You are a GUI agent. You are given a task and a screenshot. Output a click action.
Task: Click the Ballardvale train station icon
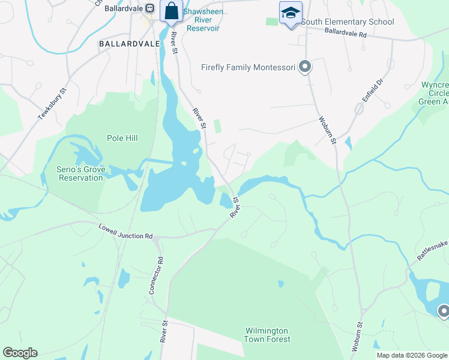150,9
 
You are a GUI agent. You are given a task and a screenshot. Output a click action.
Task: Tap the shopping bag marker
171,11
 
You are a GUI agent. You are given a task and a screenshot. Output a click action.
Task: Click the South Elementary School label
348,22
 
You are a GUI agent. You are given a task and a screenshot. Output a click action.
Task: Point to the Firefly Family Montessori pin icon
305,67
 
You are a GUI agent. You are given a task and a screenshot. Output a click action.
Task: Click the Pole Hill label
122,139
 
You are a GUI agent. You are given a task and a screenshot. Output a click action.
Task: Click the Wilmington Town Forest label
267,335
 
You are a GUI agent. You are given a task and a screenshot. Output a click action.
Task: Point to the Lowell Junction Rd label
125,232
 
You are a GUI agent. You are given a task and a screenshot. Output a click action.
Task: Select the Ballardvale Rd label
345,34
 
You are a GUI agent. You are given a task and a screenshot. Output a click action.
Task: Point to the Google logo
20,353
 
